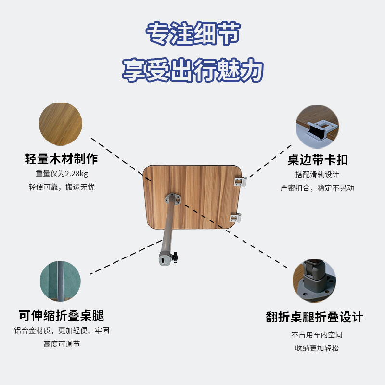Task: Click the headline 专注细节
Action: pyautogui.click(x=192, y=34)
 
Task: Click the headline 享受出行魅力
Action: pyautogui.click(x=192, y=71)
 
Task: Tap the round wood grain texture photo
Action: pyautogui.click(x=61, y=124)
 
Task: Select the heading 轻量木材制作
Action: pyautogui.click(x=61, y=159)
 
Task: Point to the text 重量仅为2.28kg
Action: pyautogui.click(x=61, y=174)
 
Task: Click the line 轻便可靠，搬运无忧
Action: pyautogui.click(x=61, y=187)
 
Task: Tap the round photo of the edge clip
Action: pyautogui.click(x=317, y=126)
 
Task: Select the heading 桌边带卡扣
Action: pyautogui.click(x=318, y=160)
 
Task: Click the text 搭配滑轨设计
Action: pyautogui.click(x=317, y=174)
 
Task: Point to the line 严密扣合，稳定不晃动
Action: pyautogui.click(x=317, y=188)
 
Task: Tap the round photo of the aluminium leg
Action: pyautogui.click(x=61, y=282)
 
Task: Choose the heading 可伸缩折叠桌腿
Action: pyautogui.click(x=61, y=316)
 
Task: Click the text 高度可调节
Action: pyautogui.click(x=61, y=344)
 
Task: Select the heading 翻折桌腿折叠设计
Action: pyautogui.click(x=314, y=317)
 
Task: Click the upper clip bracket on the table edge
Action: pyautogui.click(x=241, y=181)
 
